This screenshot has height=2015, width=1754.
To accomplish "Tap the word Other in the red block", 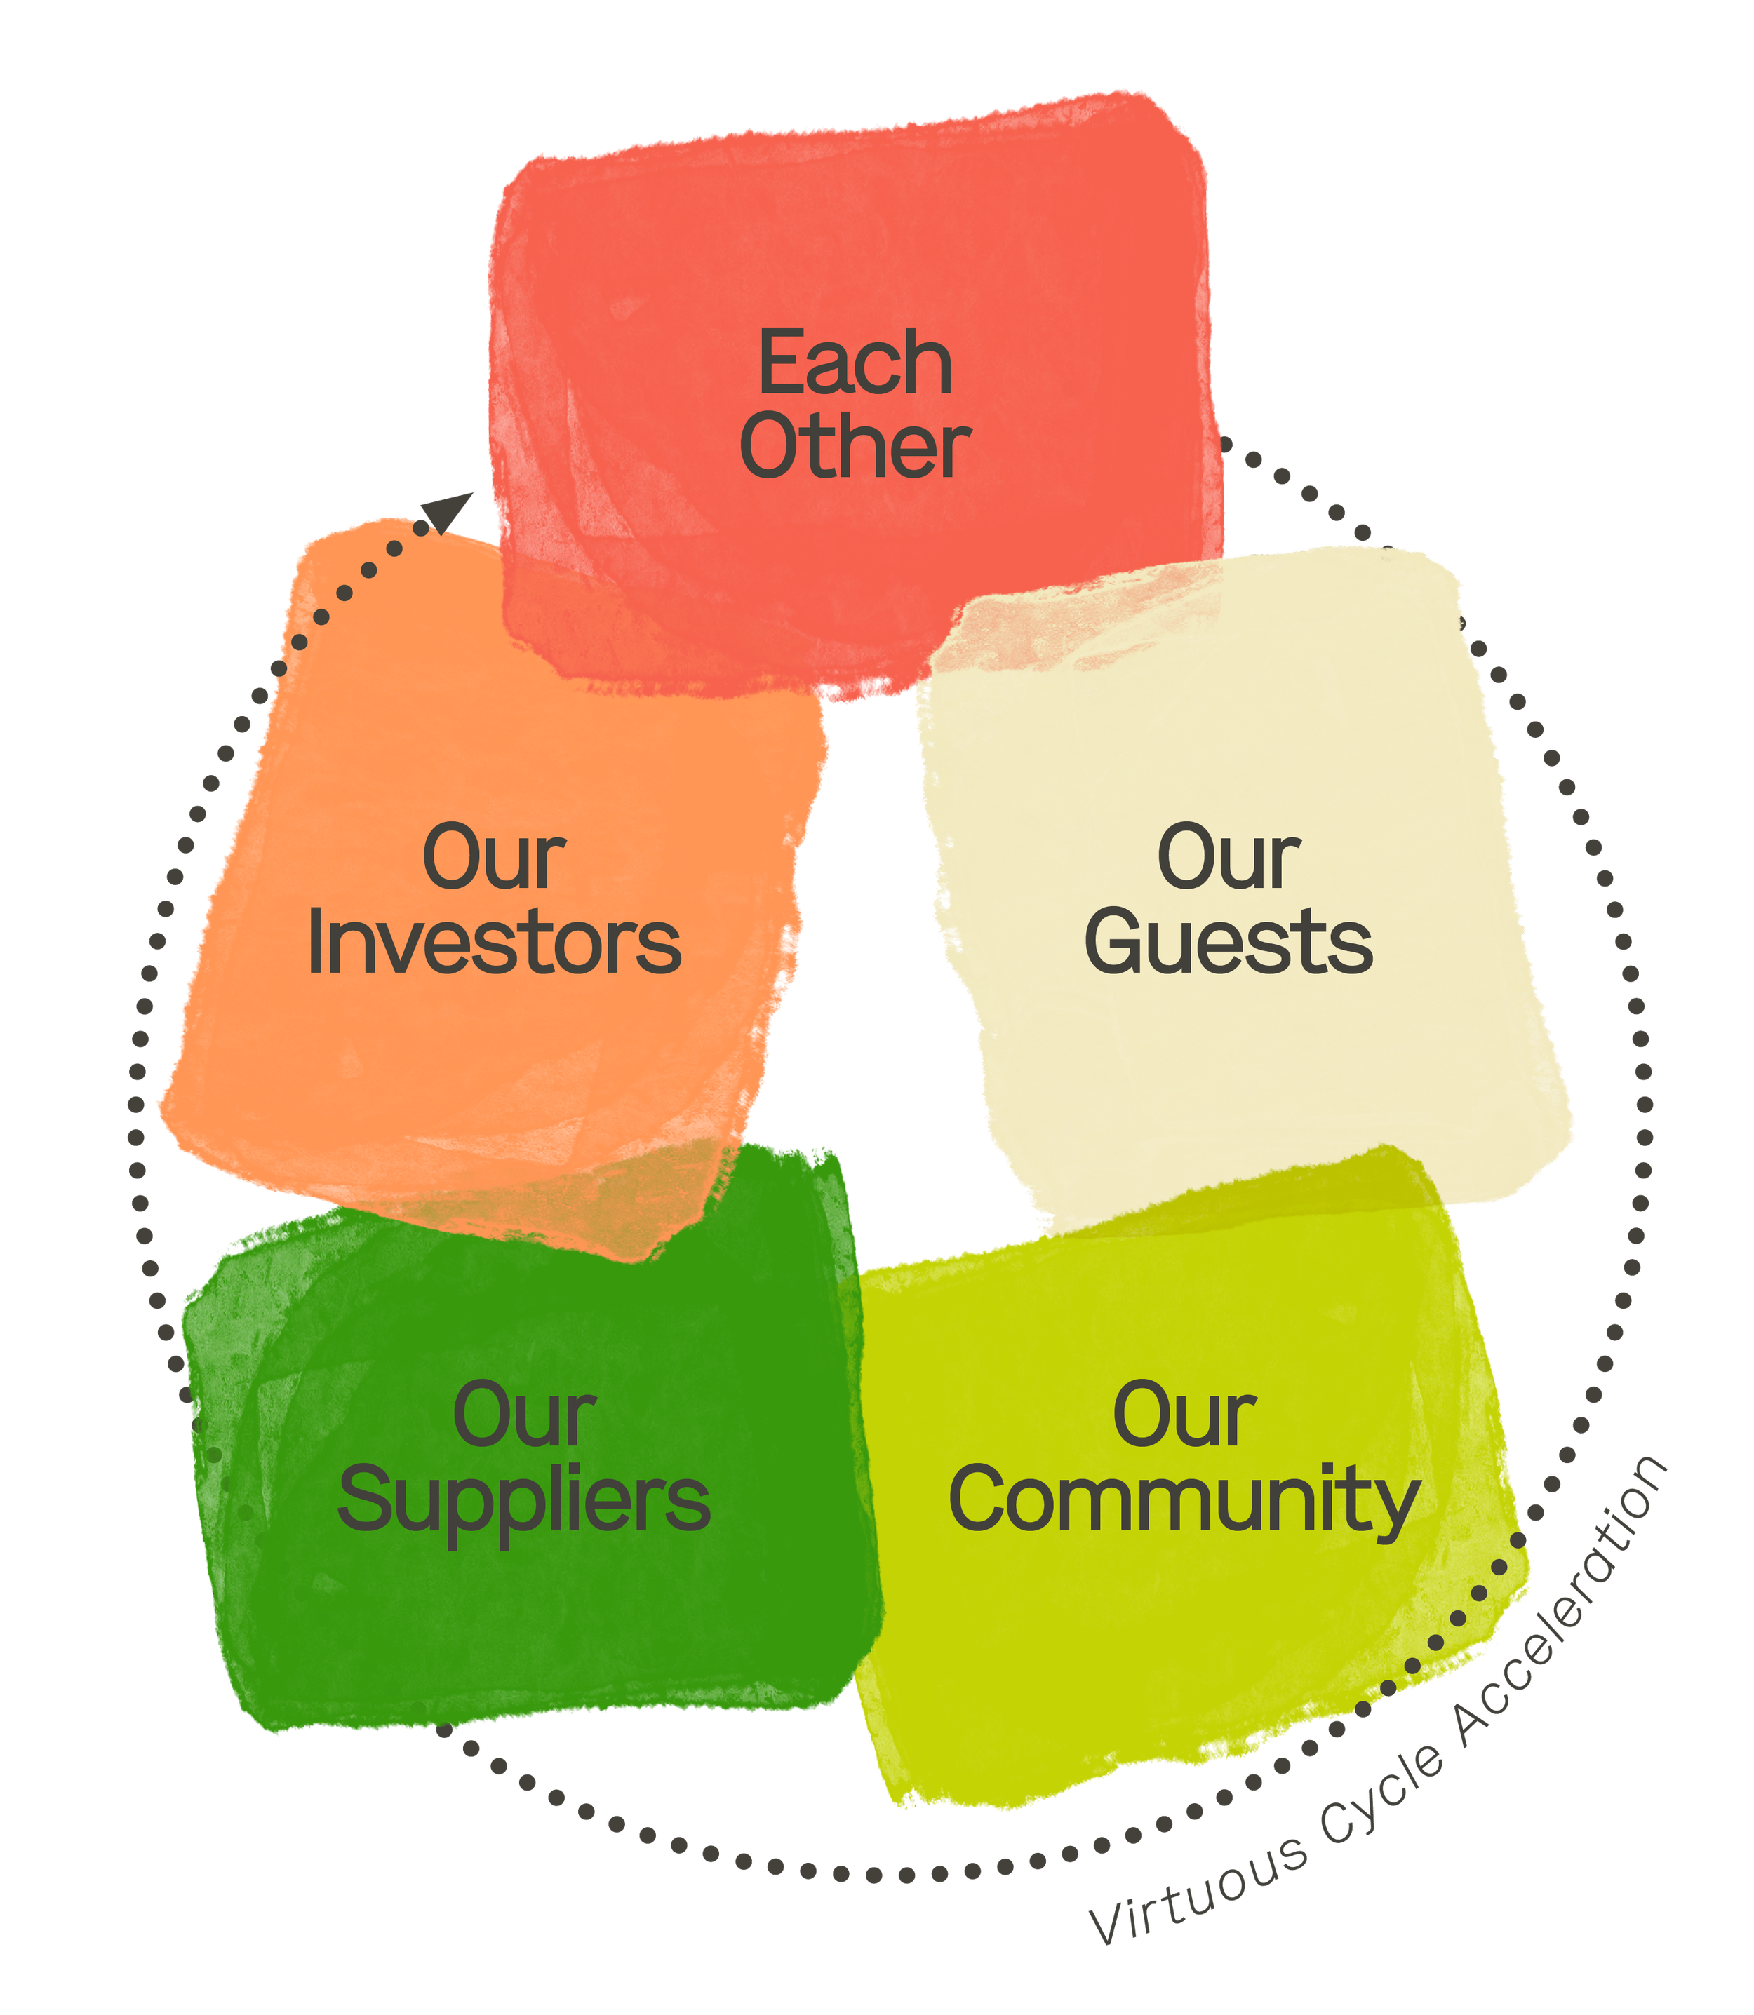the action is [x=855, y=447].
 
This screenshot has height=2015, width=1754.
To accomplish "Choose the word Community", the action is [x=1184, y=1501].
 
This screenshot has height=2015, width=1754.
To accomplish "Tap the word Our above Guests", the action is [x=1229, y=858].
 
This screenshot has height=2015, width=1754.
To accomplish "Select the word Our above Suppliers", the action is [x=523, y=1416].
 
